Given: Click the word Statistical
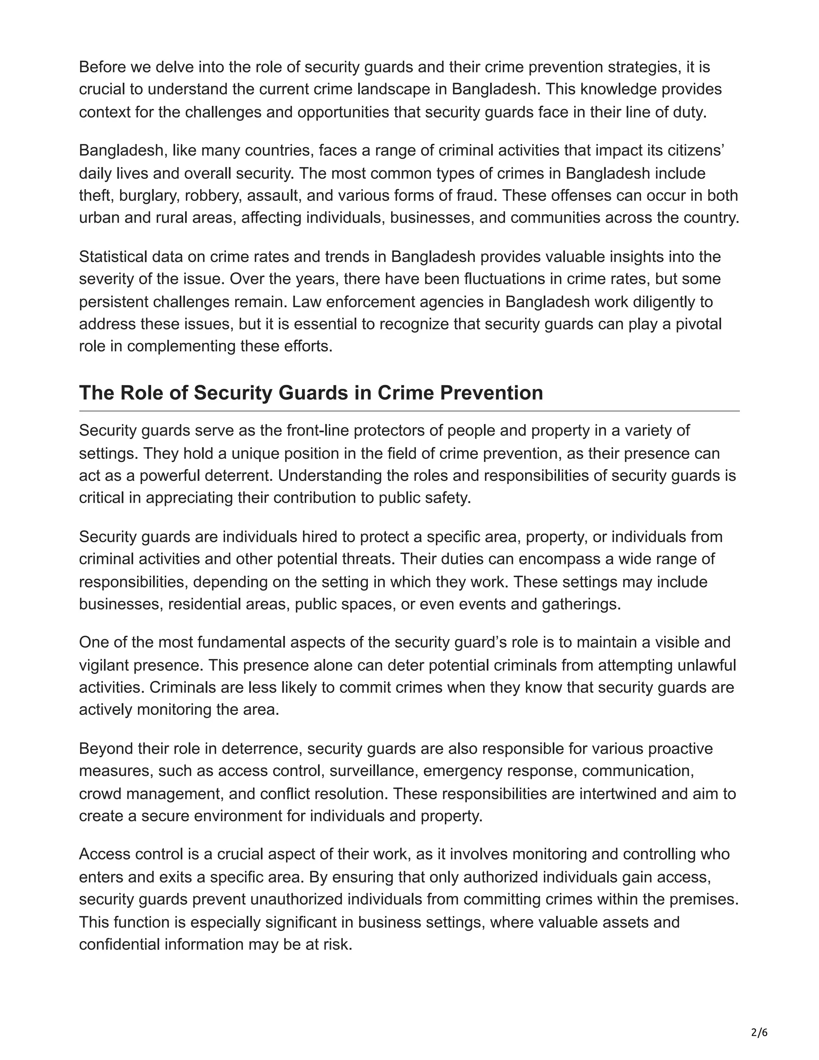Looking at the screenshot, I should (112, 257).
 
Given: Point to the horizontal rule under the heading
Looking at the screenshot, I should (409, 411).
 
